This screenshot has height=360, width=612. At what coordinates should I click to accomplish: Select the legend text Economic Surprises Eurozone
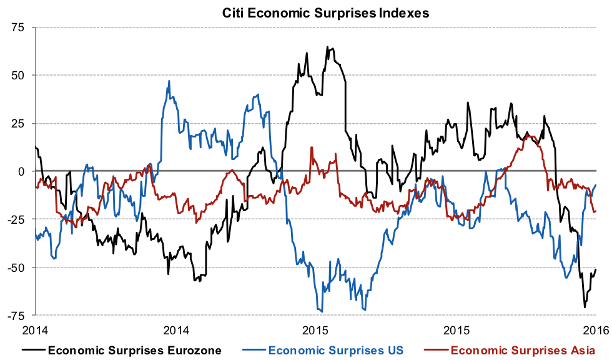[134, 349]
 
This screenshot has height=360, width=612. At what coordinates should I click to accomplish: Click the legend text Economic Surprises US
[336, 349]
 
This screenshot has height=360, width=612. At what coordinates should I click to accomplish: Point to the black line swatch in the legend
[33, 349]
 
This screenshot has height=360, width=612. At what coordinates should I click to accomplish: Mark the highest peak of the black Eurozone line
[327, 47]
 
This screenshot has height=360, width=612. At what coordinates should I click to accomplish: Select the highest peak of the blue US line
[169, 81]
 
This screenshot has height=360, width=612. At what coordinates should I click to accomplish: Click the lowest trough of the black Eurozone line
[585, 307]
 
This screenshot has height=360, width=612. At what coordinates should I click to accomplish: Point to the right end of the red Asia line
[596, 211]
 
